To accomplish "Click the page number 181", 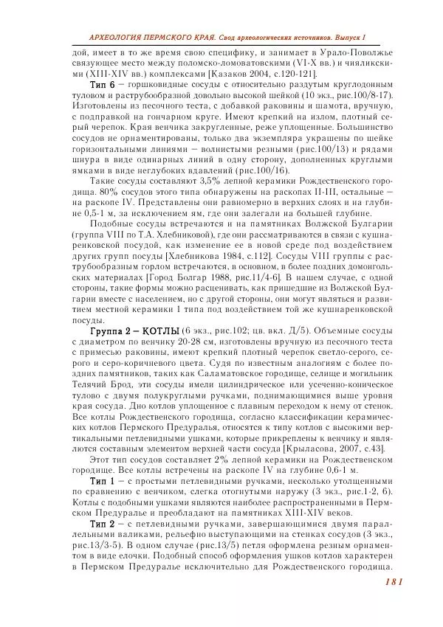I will pos(392,582).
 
